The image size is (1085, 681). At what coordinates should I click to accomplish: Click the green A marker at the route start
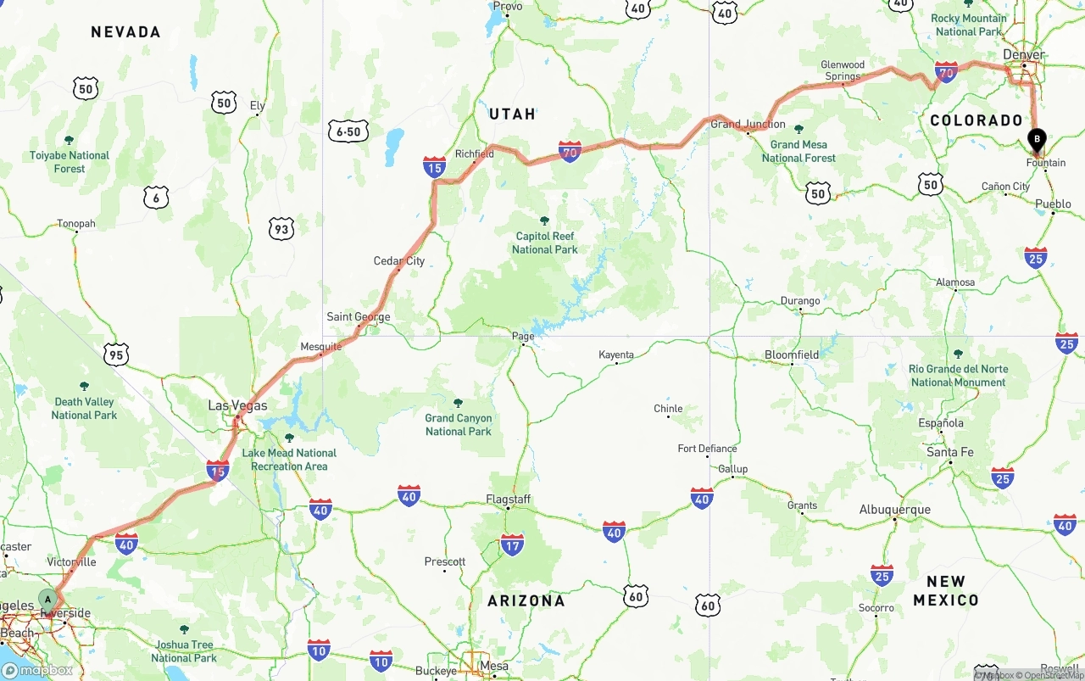click(x=48, y=600)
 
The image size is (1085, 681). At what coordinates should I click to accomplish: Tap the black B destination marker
click(x=1037, y=139)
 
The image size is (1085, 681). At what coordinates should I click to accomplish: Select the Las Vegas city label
click(x=237, y=406)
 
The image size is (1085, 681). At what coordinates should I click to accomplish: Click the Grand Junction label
click(x=743, y=124)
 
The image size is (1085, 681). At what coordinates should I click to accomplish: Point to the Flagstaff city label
click(x=508, y=499)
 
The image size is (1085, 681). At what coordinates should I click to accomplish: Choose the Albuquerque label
click(x=894, y=510)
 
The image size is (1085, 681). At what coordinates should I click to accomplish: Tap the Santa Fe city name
click(x=949, y=452)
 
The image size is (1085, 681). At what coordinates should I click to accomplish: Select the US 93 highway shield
click(x=281, y=228)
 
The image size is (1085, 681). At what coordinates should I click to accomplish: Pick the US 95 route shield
click(x=116, y=354)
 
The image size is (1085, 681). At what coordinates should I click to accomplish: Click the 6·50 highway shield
click(x=348, y=131)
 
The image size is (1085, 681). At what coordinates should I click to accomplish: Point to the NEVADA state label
click(x=125, y=32)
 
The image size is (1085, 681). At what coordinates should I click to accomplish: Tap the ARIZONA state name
click(x=526, y=600)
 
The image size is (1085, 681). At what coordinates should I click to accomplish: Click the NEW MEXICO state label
click(x=946, y=590)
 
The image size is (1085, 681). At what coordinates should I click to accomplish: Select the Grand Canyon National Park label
click(x=458, y=425)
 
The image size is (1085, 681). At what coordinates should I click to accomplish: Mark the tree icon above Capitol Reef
click(x=544, y=220)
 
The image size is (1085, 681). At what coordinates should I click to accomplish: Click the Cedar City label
click(x=399, y=260)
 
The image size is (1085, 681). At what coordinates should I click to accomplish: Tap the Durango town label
click(x=800, y=300)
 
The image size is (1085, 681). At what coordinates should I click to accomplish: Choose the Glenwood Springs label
click(x=843, y=70)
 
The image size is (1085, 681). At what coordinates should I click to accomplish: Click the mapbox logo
click(x=37, y=670)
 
